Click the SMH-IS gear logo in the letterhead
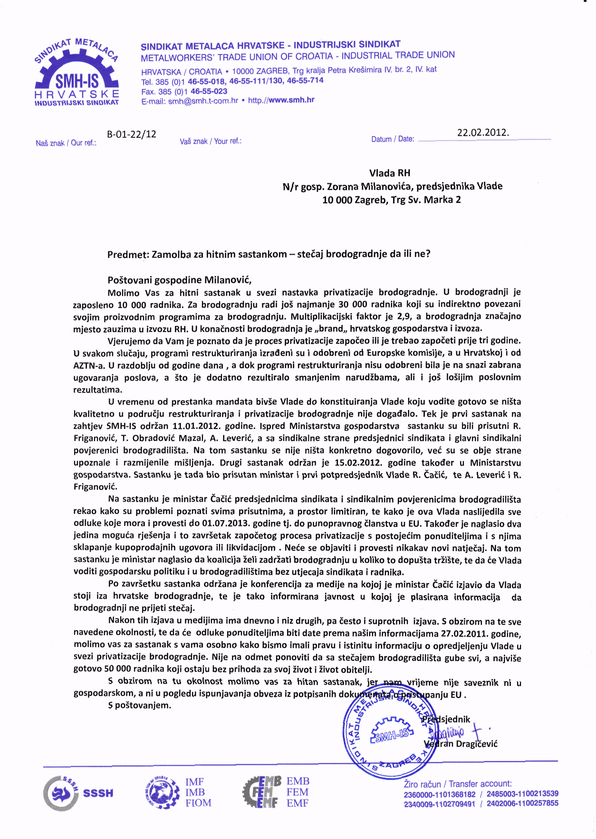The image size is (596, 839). pos(77,71)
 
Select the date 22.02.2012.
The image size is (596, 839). pos(483,133)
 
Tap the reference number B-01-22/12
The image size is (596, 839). pos(132,134)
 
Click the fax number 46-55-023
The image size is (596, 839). pos(209,91)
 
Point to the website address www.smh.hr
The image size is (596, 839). pos(291,100)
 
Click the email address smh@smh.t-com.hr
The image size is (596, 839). pos(203,101)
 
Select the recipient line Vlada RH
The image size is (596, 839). pos(390,173)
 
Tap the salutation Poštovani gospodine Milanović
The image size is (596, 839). pos(179,280)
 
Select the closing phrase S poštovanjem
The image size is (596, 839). pos(139,705)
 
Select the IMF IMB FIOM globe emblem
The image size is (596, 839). pos(161,792)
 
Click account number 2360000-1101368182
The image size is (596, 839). pos(440,794)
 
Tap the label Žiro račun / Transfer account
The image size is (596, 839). pos(458,783)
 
